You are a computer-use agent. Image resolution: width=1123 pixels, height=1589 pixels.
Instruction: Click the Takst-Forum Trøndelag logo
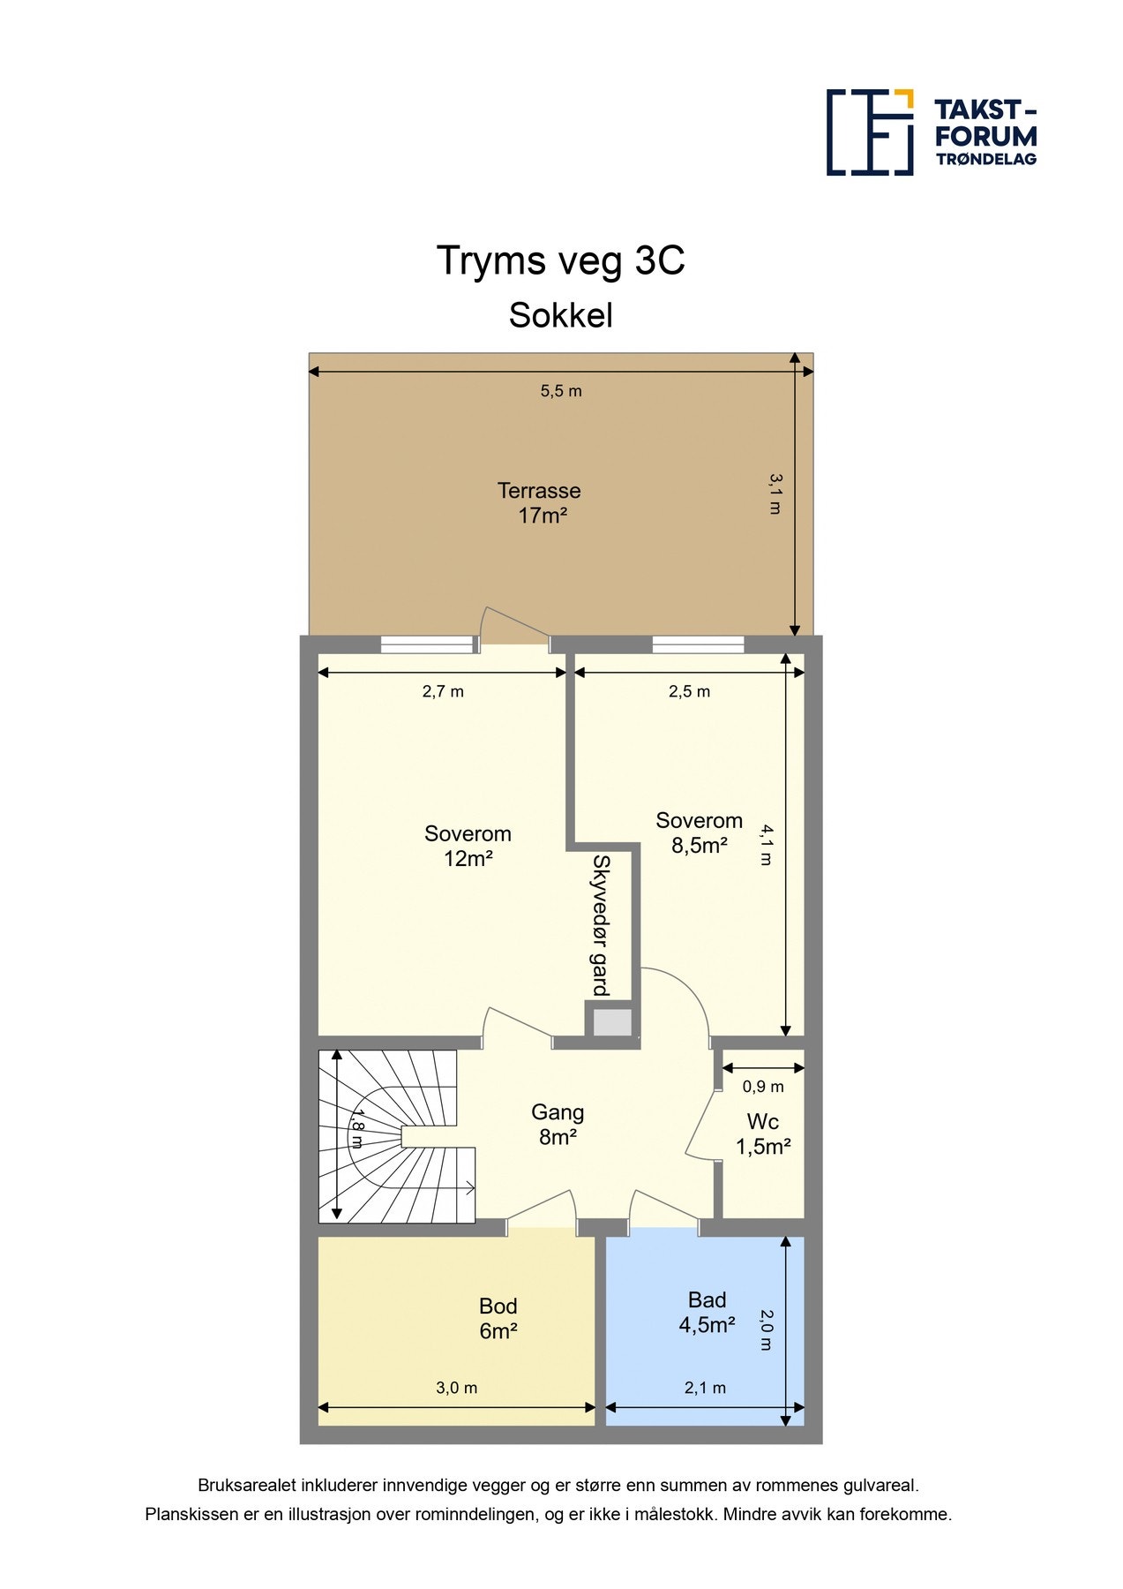(x=932, y=132)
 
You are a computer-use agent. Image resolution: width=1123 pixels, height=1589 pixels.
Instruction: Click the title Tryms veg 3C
(x=561, y=261)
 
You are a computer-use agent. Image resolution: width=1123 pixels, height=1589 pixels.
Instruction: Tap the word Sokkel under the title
(x=561, y=316)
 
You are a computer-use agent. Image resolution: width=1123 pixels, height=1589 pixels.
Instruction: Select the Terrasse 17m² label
(x=540, y=503)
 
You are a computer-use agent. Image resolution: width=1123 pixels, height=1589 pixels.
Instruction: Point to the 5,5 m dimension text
(x=561, y=391)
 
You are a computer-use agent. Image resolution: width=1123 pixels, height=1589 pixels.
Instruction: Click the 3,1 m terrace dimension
(x=775, y=494)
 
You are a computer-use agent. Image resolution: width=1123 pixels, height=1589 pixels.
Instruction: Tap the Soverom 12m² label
(x=468, y=846)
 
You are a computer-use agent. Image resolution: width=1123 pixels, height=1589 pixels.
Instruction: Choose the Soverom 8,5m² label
(x=700, y=832)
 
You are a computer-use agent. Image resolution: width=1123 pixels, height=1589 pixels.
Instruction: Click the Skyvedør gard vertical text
(x=601, y=925)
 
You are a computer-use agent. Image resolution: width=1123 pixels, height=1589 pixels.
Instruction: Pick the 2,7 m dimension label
(x=443, y=692)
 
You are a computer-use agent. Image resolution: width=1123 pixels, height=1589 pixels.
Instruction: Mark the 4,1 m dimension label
(x=767, y=845)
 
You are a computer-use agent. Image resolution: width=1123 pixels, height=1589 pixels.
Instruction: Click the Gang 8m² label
(x=558, y=1125)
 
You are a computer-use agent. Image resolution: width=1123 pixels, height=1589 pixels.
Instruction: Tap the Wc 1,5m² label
(x=763, y=1134)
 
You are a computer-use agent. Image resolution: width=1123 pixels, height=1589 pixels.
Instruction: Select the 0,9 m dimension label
(x=763, y=1087)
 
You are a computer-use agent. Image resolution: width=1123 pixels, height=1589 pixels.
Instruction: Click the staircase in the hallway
(x=397, y=1136)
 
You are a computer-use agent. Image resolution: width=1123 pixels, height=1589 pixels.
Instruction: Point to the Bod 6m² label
(x=498, y=1319)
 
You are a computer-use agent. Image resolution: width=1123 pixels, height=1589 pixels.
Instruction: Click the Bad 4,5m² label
(x=707, y=1313)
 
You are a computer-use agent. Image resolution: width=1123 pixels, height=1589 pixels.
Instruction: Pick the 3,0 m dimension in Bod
(x=457, y=1388)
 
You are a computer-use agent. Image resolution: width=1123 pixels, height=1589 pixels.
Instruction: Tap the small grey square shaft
(x=612, y=1022)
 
